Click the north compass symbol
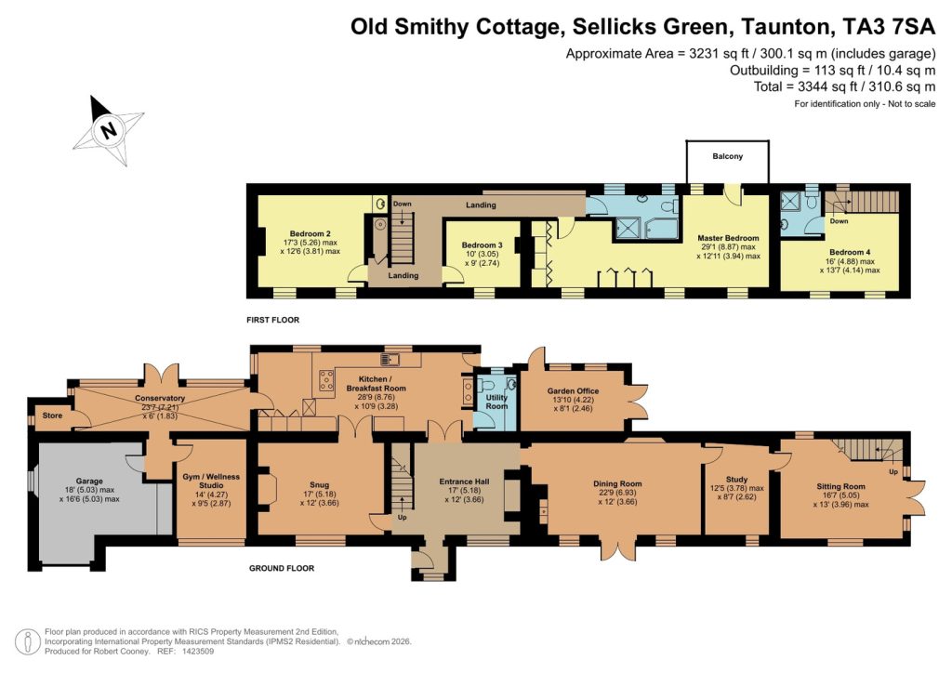109,130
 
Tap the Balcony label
728,157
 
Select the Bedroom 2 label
310,233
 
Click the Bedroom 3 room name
482,245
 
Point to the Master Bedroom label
728,238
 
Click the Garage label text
90,481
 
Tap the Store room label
51,416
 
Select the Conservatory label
161,399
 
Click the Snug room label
320,483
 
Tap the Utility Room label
496,402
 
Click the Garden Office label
575,391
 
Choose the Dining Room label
617,483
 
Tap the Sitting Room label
840,486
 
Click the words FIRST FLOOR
274,320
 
